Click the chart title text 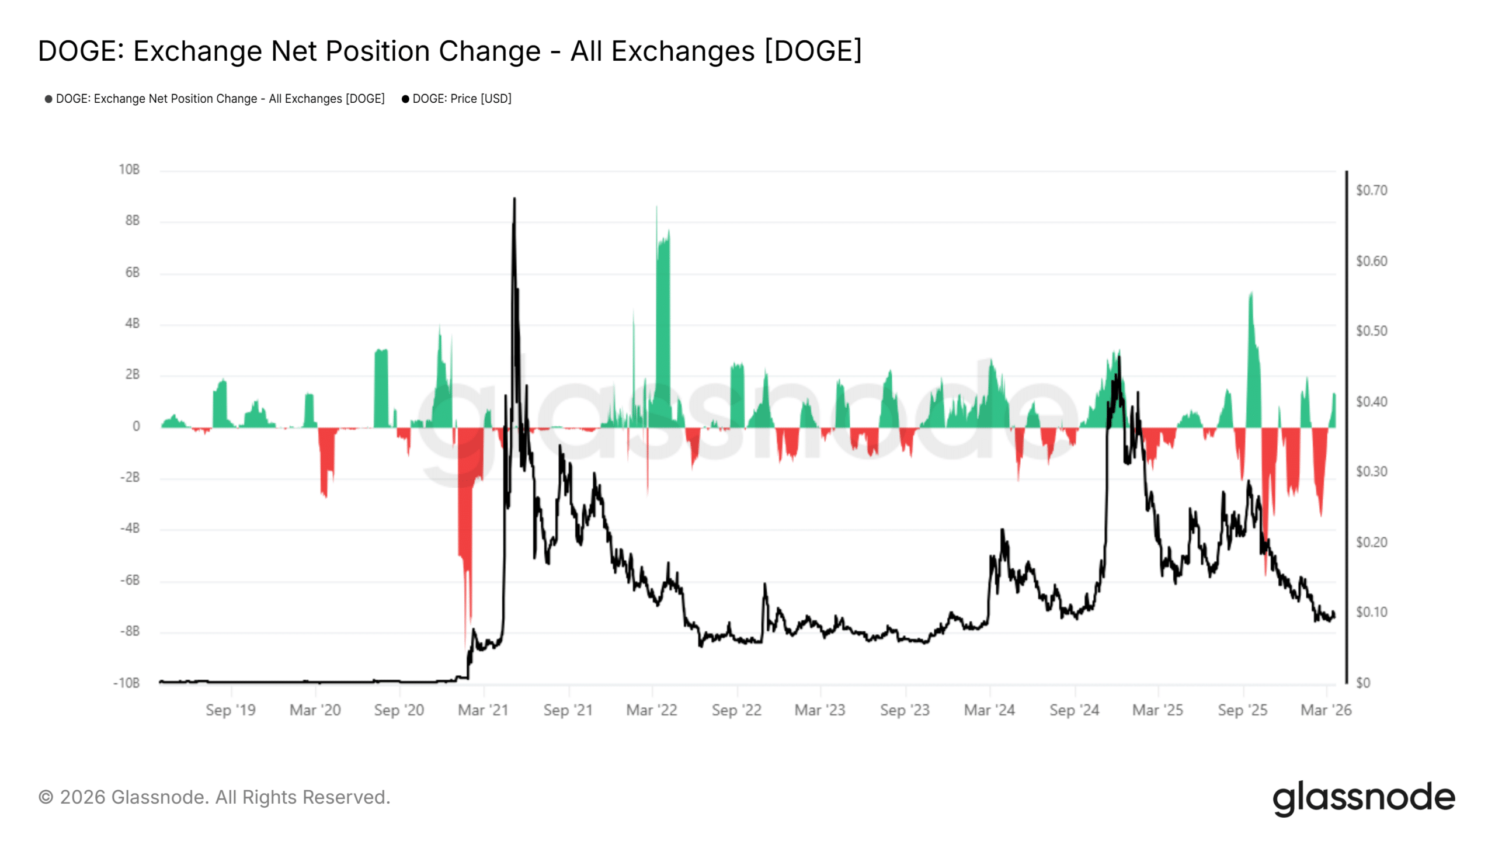[x=450, y=51]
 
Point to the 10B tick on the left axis [x=129, y=170]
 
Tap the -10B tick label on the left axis [x=127, y=683]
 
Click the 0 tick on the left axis [x=136, y=426]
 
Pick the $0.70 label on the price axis [x=1371, y=190]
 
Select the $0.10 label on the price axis [x=1371, y=612]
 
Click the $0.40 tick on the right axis [x=1371, y=402]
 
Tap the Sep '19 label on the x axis [x=231, y=710]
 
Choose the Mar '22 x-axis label [x=652, y=710]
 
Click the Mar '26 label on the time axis [x=1326, y=710]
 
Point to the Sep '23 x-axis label [x=905, y=710]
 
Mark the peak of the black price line [x=514, y=199]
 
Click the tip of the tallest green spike [x=656, y=206]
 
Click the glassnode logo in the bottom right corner [x=1364, y=798]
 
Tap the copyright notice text [x=214, y=797]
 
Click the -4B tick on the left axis [x=130, y=529]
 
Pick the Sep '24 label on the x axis [x=1074, y=710]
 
